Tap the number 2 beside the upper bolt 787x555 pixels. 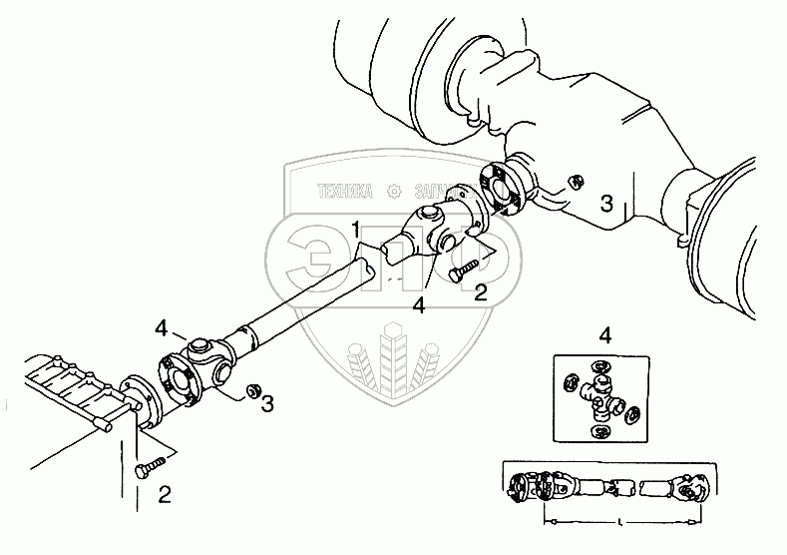tap(481, 292)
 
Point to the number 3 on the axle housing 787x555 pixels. tap(605, 205)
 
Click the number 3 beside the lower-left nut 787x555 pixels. tap(266, 403)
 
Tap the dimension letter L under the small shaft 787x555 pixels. tap(620, 519)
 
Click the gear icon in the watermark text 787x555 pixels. tap(393, 189)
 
